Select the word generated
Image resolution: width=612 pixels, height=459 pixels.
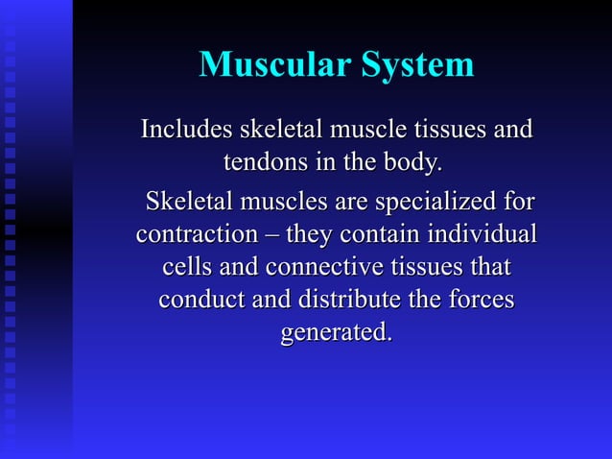point(336,333)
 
